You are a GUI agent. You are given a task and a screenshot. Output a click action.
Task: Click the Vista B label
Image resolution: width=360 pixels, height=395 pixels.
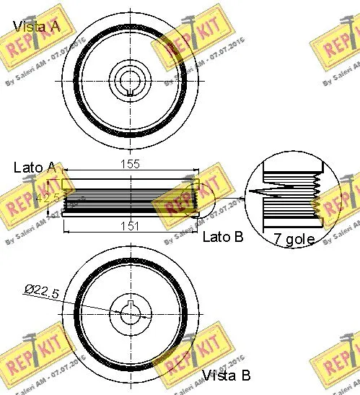coord(226,375)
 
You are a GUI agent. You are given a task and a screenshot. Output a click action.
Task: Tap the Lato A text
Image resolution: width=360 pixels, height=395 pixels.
coord(35,167)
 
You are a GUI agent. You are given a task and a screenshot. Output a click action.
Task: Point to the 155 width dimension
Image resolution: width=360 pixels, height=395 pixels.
coord(130,165)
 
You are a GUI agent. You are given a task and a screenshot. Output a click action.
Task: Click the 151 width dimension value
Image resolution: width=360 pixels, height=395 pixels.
coord(130,226)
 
